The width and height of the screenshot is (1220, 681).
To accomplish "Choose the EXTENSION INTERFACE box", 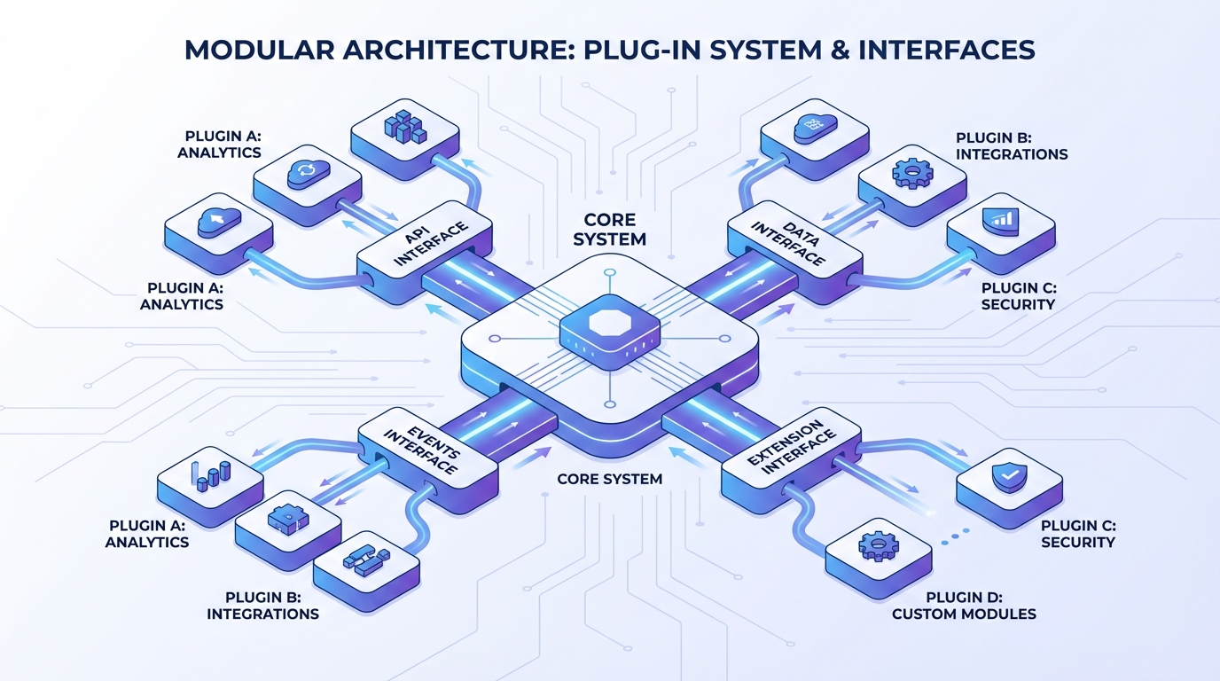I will (x=791, y=450).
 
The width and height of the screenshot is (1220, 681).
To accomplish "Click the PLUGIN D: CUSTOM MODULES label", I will (x=963, y=606).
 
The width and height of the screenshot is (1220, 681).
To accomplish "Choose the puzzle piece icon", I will (x=287, y=517).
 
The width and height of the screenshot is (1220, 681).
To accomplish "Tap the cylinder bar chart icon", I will (x=210, y=476).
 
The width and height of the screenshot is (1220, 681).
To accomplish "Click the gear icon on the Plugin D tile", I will (x=878, y=545).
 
